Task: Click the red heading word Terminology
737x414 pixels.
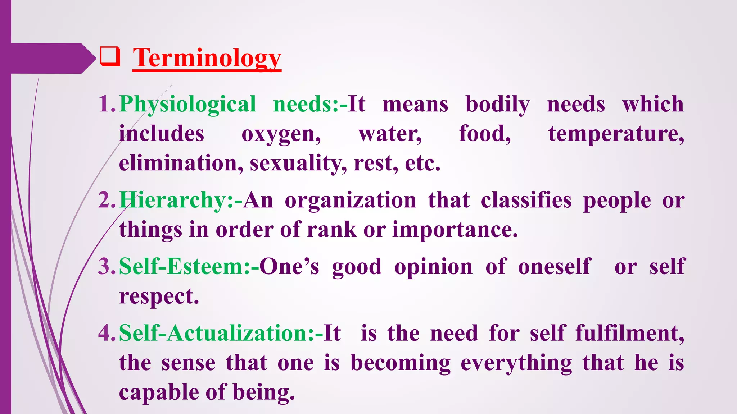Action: click(x=207, y=58)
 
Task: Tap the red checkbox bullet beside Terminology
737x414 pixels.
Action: click(x=110, y=57)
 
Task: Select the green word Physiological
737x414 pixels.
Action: click(x=187, y=105)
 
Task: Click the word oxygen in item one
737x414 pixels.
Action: click(x=281, y=134)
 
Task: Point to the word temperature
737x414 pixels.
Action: click(x=616, y=134)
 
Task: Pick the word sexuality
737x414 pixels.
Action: click(x=298, y=164)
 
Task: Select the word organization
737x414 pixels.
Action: click(x=350, y=200)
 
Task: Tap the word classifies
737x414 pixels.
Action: click(x=526, y=200)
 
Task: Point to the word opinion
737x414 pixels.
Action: click(x=433, y=267)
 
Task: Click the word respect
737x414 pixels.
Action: click(x=159, y=297)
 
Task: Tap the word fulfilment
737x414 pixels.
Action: click(x=629, y=333)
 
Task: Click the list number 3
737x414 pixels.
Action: click(x=106, y=267)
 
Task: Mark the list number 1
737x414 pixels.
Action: click(x=106, y=105)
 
